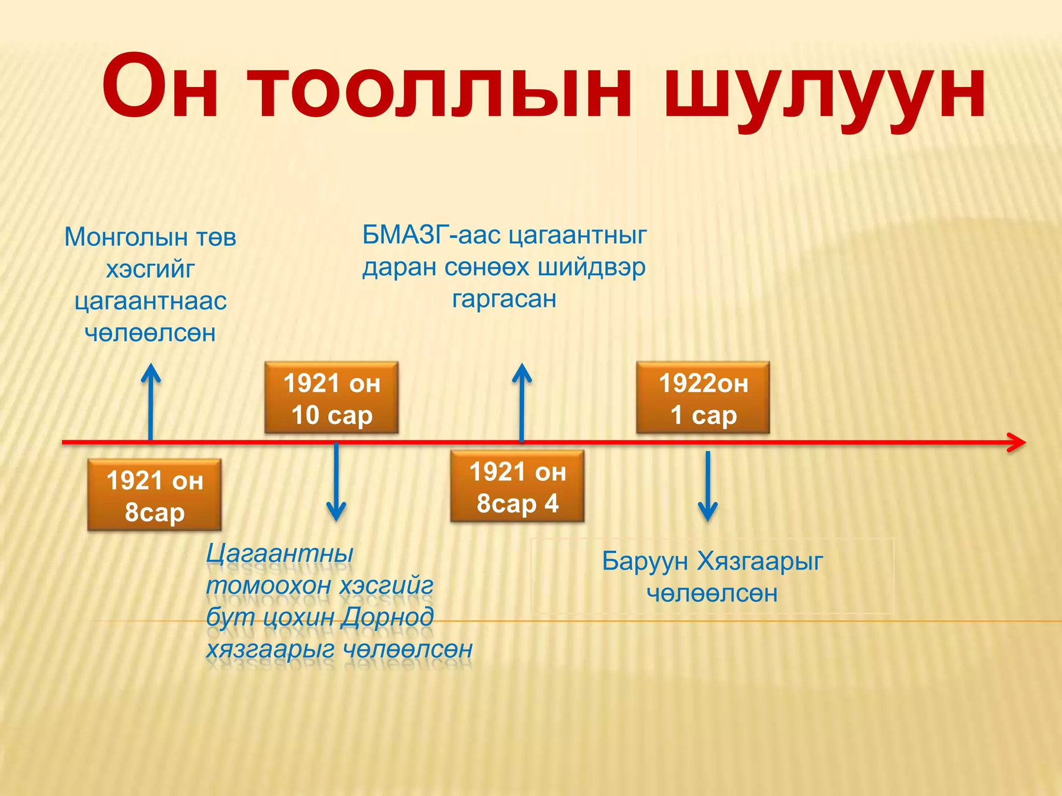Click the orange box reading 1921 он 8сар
pos(155,495)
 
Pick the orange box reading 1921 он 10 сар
pos(331,398)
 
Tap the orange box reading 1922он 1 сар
pos(703,398)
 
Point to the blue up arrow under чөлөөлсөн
pos(150,402)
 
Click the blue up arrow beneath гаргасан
pos(522,402)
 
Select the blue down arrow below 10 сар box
pos(336,482)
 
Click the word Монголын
pos(125,237)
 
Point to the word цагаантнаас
pos(150,301)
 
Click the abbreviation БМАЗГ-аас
pos(431,235)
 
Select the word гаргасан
pos(504,299)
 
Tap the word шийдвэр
pos(591,267)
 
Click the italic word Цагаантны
pos(280,553)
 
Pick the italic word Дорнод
pos(387,617)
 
